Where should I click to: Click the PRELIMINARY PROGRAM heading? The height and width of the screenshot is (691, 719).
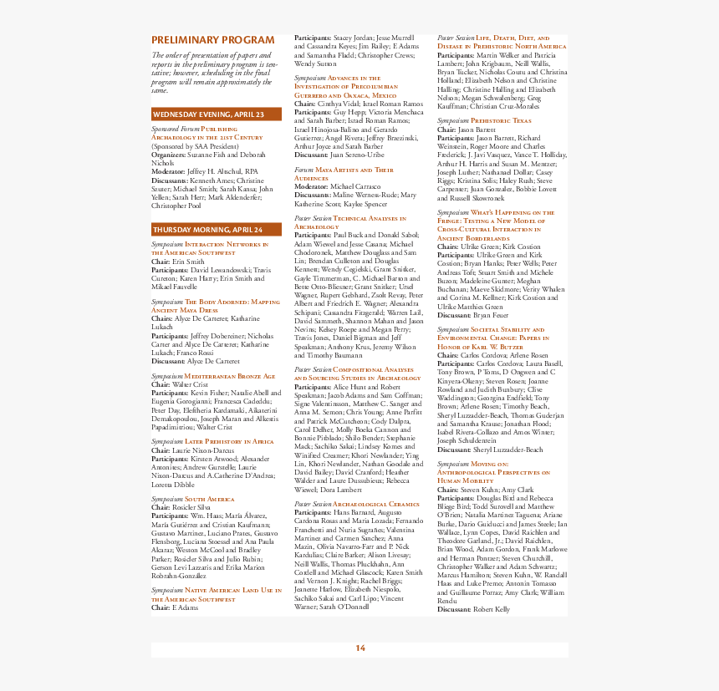[x=212, y=40]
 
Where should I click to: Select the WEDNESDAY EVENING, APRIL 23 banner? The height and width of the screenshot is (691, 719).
[x=208, y=114]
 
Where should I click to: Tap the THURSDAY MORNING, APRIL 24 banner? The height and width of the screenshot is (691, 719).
[x=207, y=229]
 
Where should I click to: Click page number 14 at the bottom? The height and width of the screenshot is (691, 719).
[x=360, y=648]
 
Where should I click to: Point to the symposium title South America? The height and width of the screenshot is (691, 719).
[x=210, y=499]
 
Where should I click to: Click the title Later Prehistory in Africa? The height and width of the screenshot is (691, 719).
[x=229, y=441]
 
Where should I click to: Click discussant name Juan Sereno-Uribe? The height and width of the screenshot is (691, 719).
[x=357, y=155]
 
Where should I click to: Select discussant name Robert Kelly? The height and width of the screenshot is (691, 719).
[x=491, y=609]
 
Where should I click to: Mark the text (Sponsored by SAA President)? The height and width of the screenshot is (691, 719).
[x=194, y=146]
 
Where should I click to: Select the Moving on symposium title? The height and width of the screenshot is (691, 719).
[x=493, y=472]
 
